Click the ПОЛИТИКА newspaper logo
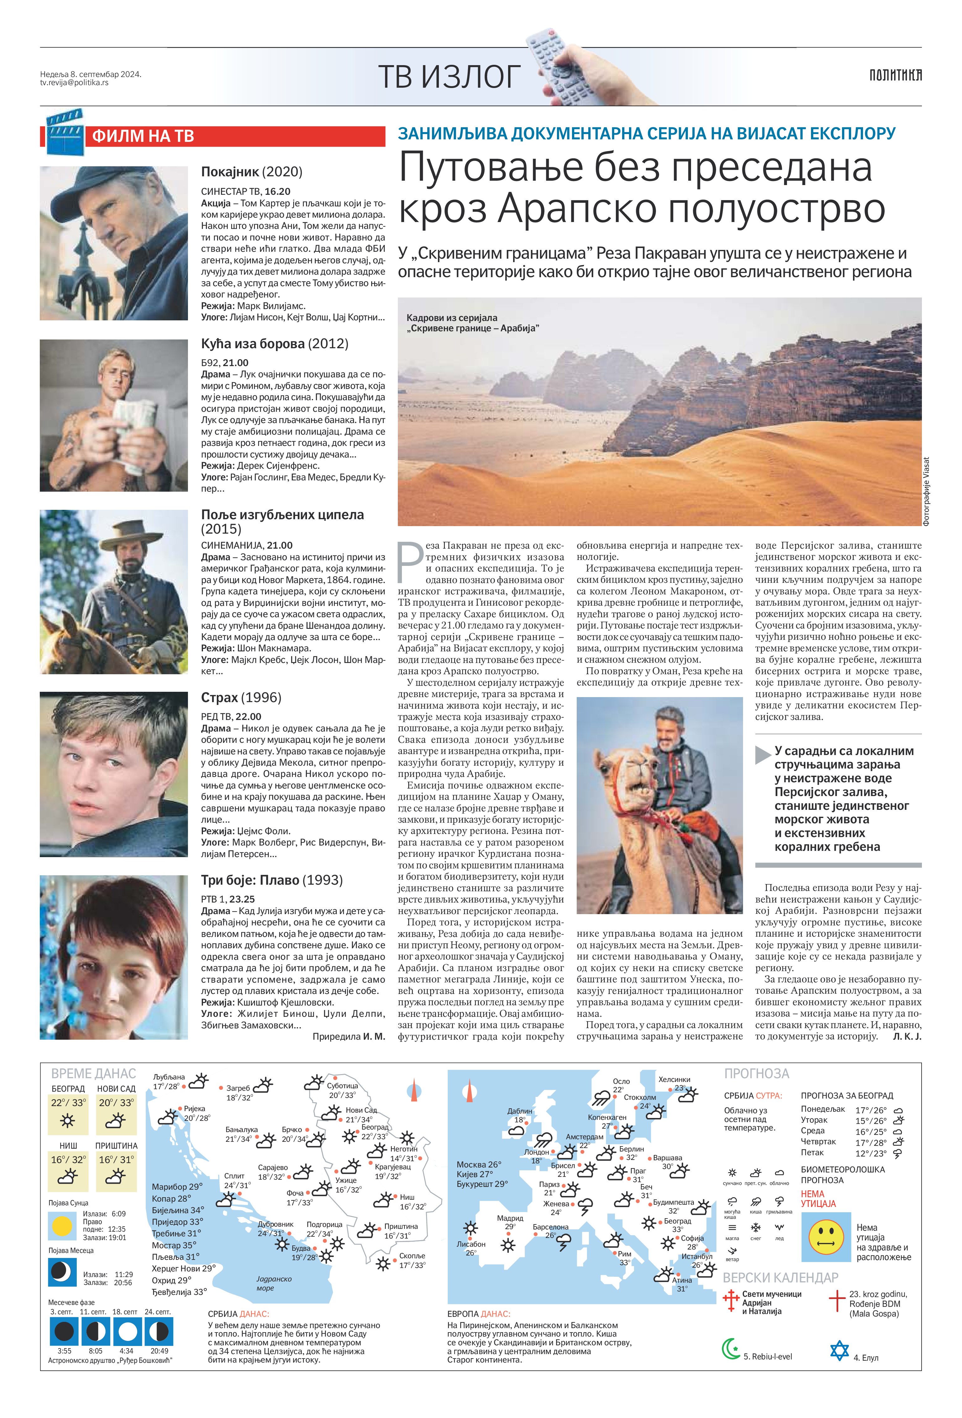pyautogui.click(x=895, y=75)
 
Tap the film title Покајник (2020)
pyautogui.click(x=252, y=172)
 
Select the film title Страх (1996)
pyautogui.click(x=241, y=697)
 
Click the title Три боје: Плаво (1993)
pyautogui.click(x=272, y=880)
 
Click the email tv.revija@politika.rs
pyautogui.click(x=75, y=82)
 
